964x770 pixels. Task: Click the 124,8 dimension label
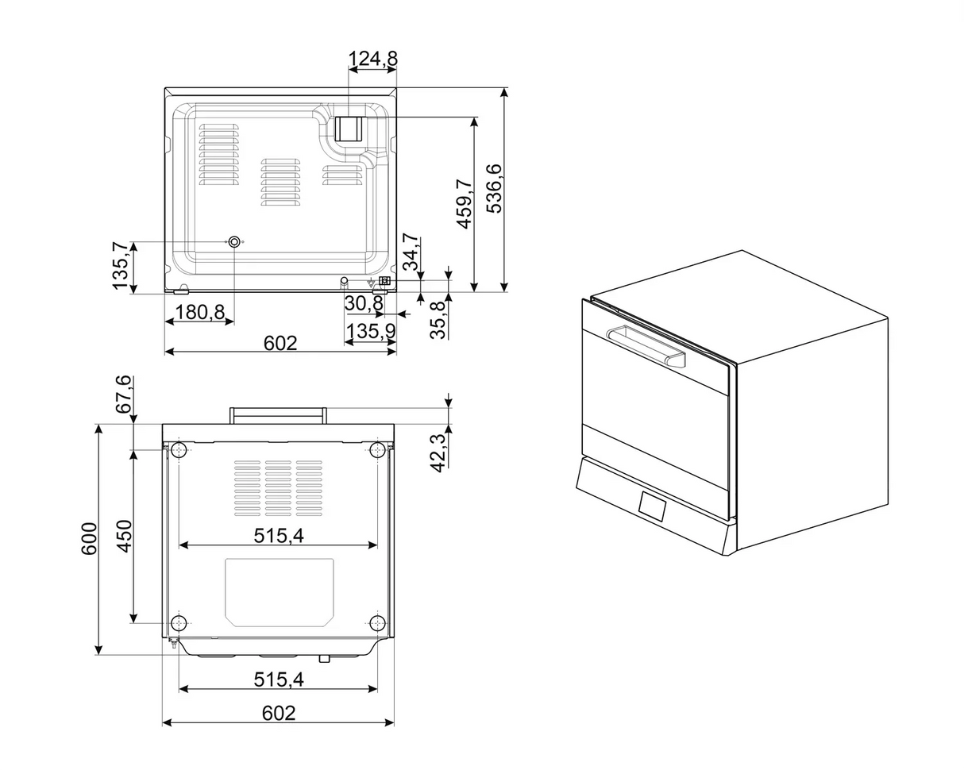click(372, 59)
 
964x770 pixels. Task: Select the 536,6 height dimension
click(494, 188)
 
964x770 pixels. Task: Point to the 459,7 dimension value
click(465, 204)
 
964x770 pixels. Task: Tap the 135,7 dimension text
click(120, 266)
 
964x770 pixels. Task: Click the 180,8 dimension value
click(199, 312)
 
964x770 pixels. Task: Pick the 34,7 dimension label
click(410, 252)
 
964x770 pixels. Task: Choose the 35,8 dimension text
click(438, 320)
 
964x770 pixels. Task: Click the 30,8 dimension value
click(363, 303)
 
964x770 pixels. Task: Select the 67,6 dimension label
click(124, 395)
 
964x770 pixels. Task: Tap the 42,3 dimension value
click(438, 452)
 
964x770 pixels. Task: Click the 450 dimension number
click(124, 536)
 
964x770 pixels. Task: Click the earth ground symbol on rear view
click(371, 282)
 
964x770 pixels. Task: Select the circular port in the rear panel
click(234, 242)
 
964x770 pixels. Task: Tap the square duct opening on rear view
click(348, 129)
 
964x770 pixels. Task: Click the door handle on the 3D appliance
click(645, 345)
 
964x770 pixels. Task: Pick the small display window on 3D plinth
click(652, 506)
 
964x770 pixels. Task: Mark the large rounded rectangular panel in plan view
click(279, 592)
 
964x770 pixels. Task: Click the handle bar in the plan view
click(278, 415)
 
